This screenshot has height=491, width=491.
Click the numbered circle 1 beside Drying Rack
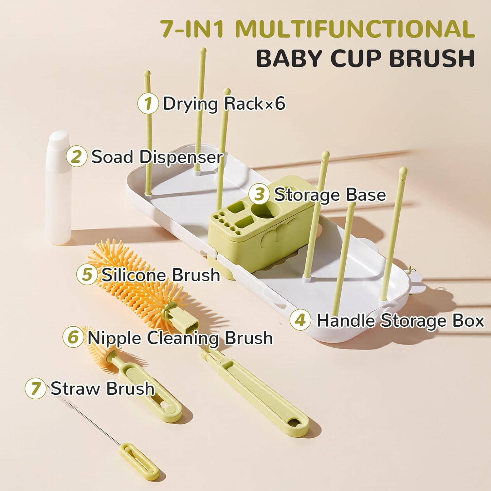click(148, 103)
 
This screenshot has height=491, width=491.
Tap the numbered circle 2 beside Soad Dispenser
click(76, 156)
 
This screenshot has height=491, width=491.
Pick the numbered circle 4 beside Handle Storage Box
click(300, 320)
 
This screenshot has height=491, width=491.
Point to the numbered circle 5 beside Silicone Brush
click(87, 274)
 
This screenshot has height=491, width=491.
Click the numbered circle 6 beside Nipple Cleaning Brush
click(73, 337)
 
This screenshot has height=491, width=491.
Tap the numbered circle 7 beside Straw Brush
click(35, 389)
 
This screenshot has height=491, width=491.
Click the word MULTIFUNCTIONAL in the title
click(355, 29)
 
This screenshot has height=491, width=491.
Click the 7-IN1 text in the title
click(193, 29)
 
